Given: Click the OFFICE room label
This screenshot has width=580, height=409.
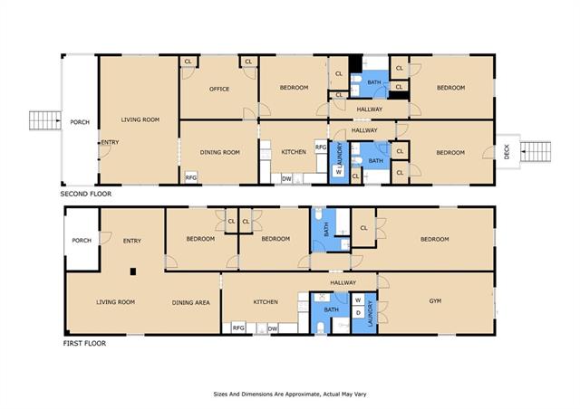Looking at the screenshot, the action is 219,89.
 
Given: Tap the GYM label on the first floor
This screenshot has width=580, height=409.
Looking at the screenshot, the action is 435,301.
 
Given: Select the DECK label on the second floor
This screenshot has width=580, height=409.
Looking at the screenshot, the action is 507,152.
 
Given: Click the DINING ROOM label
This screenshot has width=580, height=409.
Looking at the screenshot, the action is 219,152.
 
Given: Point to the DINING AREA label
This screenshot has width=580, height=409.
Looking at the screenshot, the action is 191,302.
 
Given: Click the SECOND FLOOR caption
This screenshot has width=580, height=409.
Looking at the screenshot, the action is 86,194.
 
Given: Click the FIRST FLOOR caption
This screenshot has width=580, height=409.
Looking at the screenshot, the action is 84,344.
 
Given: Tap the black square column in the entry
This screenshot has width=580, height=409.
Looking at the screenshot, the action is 133,271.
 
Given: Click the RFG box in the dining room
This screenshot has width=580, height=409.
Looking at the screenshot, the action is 191,177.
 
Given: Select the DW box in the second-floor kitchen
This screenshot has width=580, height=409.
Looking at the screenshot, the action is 286,179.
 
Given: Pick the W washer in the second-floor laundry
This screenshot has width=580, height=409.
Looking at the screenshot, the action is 339,172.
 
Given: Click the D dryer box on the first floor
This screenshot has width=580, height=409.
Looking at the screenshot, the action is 358,313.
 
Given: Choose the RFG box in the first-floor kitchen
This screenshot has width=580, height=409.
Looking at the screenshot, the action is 238,328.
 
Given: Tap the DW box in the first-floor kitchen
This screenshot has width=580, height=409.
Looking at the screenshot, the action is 273,328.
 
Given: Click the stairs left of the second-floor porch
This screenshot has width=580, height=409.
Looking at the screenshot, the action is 45,120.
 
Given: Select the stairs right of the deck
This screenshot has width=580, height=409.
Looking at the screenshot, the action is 536,151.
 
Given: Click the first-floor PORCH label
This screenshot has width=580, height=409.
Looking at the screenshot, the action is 82,241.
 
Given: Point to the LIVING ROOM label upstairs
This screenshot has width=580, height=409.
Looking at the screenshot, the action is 140,119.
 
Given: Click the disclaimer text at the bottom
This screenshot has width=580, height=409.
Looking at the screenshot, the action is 290,395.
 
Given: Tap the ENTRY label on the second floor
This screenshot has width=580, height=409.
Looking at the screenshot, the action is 111,142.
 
